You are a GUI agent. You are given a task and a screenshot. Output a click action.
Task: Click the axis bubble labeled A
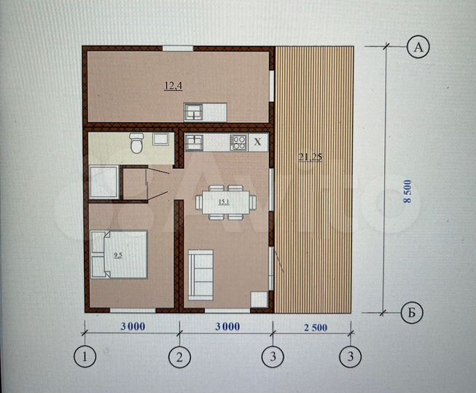point(418,47)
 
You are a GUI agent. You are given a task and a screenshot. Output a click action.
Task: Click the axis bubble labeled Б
point(412,312)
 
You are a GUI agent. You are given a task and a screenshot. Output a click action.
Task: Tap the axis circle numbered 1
point(85,356)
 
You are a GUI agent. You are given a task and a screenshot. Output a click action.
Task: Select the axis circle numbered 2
point(179,357)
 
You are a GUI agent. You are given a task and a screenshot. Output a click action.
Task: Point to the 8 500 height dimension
point(407,191)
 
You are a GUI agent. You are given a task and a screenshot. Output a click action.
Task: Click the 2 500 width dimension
point(316,327)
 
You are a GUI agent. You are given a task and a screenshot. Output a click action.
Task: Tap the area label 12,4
point(173,86)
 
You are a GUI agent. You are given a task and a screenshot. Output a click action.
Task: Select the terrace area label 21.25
point(310,157)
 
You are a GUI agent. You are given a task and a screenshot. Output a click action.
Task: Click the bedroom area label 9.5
point(118,255)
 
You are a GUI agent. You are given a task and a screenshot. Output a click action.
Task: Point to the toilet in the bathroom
point(136,143)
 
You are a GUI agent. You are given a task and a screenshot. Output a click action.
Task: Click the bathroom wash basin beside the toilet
point(160,139)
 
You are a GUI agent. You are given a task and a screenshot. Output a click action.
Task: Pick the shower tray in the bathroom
point(104,182)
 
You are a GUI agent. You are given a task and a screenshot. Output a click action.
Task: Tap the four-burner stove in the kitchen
point(239,143)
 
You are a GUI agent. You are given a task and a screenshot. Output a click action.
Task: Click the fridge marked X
point(258,142)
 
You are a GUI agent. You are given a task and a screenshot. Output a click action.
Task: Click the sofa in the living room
point(200,275)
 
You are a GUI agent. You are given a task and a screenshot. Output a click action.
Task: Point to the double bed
point(119,255)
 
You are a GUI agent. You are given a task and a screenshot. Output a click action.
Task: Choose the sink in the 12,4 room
point(194,112)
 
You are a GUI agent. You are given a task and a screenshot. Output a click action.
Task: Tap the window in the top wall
point(178,48)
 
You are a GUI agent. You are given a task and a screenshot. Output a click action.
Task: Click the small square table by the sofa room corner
point(259,300)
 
